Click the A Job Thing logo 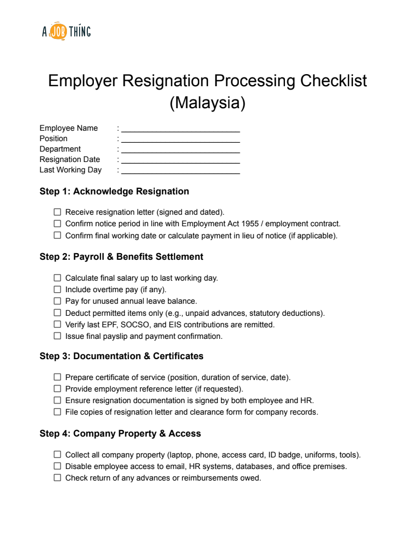[66, 32]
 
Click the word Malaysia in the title [207, 103]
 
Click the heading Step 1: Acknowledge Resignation [114, 192]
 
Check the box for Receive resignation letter [57, 212]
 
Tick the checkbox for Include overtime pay [57, 289]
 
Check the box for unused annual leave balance [57, 301]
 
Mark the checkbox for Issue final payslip [57, 336]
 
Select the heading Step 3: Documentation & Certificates [121, 356]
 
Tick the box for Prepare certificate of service [57, 377]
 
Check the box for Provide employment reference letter [57, 389]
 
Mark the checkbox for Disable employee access [57, 466]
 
